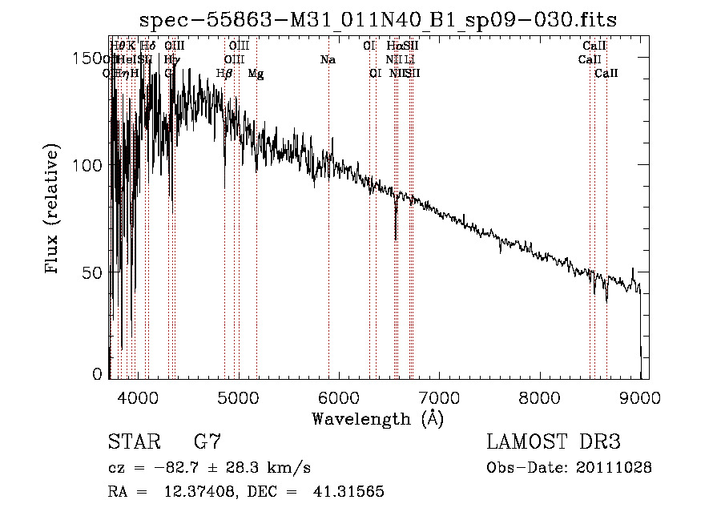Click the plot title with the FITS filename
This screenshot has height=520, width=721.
pyautogui.click(x=377, y=20)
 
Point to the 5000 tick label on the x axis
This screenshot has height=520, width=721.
pyautogui.click(x=237, y=397)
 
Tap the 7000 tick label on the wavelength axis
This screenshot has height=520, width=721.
pyautogui.click(x=439, y=397)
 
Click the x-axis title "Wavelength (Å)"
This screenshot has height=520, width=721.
pyautogui.click(x=377, y=418)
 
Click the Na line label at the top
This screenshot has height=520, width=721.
pyautogui.click(x=327, y=60)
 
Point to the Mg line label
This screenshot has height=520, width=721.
pyautogui.click(x=256, y=74)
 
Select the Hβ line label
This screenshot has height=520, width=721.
pyautogui.click(x=224, y=74)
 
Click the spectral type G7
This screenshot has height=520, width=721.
pyautogui.click(x=207, y=441)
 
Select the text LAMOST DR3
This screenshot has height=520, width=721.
pyautogui.click(x=553, y=441)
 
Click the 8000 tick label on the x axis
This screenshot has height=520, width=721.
pyautogui.click(x=539, y=397)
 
